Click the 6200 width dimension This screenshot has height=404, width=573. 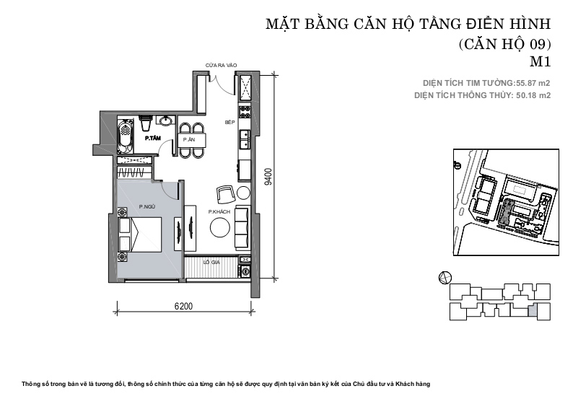point(183,306)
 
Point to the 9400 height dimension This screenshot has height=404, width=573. point(268,177)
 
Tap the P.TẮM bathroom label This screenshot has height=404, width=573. point(153,138)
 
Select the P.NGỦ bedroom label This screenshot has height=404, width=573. point(147,207)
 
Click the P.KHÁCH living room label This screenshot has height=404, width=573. point(219,211)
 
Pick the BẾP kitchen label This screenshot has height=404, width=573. point(230,123)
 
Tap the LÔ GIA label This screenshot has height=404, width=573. point(211,263)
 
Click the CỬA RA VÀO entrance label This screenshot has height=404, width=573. point(221,66)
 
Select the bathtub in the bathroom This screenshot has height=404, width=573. point(126,135)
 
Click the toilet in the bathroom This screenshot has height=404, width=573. point(145,123)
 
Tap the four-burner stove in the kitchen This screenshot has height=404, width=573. point(245,112)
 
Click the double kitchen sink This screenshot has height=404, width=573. point(245,139)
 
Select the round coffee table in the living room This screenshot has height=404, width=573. point(220,227)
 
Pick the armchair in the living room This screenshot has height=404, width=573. point(226,194)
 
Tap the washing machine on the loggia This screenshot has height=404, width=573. point(245,271)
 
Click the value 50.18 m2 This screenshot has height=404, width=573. point(533,95)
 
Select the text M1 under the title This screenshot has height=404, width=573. point(540,62)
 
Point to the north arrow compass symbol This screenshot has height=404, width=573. point(445,278)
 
